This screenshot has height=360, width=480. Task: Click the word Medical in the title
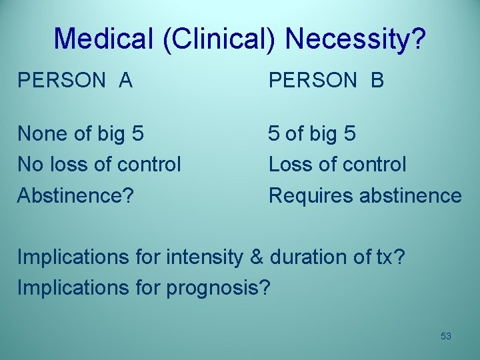[103, 39]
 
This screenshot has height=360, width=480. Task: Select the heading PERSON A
[75, 80]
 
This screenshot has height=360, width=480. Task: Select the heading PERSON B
[326, 80]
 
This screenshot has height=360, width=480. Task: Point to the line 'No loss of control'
[99, 164]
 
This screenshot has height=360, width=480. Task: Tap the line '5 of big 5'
[312, 134]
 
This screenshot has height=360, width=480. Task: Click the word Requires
[311, 196]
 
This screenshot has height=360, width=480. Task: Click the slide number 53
[446, 336]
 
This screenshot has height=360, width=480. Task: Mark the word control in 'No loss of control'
[151, 164]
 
